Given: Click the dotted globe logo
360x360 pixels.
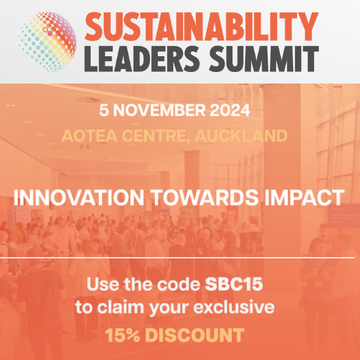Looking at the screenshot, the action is [48, 42].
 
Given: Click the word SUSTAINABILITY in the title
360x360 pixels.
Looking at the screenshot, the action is [202, 27].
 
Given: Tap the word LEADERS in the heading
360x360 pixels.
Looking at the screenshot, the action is [142, 59].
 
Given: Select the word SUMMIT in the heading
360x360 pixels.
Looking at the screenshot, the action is [264, 59].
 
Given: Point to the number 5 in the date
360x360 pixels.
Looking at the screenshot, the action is [104, 110].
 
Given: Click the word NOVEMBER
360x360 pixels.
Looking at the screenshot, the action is [159, 110].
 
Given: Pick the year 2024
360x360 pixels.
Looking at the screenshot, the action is [230, 110].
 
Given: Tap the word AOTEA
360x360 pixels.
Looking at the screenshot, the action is [89, 136].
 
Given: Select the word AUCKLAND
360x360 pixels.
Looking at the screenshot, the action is [241, 136].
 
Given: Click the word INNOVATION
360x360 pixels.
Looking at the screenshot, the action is [78, 197].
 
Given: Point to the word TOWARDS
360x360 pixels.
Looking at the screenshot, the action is [205, 197].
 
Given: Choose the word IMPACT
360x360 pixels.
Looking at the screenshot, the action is [305, 197].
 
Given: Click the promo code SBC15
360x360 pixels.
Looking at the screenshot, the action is [234, 284].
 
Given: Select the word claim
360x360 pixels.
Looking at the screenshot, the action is [120, 307].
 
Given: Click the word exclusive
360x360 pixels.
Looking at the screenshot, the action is [234, 307].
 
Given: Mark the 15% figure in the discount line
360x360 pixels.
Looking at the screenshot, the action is [122, 335].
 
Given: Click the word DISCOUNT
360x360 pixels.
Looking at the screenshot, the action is [194, 335].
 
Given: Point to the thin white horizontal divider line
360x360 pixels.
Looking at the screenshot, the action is [177, 258].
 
